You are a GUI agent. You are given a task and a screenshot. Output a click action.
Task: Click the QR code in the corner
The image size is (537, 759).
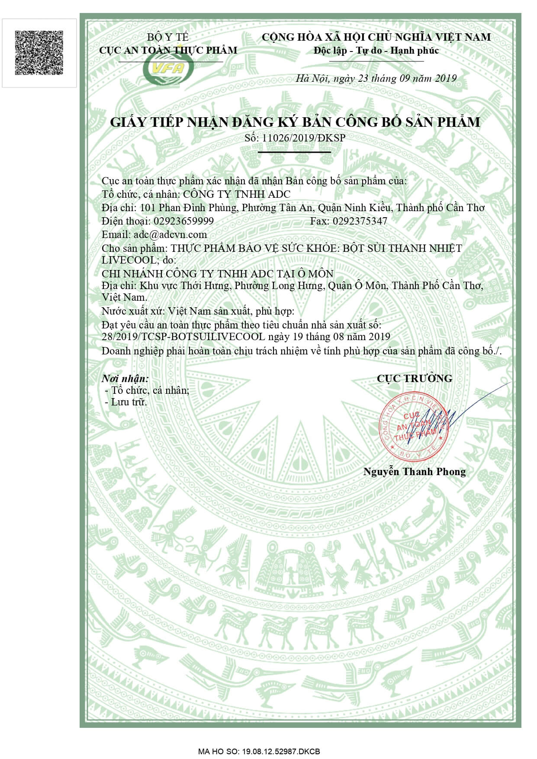(39, 52)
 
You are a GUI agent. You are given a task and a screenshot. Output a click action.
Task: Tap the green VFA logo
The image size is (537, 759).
(168, 68)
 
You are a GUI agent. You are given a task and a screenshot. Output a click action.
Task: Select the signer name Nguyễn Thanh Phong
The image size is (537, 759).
(414, 472)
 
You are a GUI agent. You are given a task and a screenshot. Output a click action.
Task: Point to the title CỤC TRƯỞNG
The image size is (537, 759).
(414, 378)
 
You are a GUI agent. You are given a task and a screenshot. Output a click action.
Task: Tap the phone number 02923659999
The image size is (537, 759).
(183, 221)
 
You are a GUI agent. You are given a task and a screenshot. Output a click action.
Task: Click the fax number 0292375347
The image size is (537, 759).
(360, 221)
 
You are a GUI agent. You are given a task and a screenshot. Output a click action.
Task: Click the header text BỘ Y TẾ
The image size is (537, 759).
(168, 37)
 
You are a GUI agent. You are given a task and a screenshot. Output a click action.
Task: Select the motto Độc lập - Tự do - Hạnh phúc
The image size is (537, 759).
(376, 51)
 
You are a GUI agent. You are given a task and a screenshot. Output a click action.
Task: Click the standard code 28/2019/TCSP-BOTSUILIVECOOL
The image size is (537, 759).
(183, 337)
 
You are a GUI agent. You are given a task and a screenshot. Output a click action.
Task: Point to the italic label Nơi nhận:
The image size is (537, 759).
(125, 379)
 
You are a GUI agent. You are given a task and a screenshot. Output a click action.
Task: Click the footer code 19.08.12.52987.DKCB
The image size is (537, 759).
(280, 752)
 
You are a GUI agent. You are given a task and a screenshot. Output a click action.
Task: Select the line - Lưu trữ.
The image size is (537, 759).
(126, 402)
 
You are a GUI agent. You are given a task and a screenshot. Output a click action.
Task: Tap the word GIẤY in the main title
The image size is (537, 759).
(129, 122)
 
